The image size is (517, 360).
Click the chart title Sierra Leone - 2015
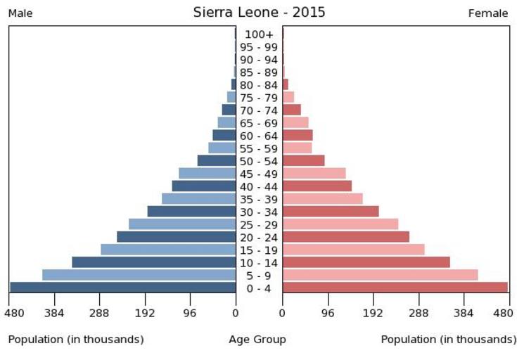[x=259, y=13]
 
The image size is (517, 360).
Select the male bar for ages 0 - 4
[x=122, y=287]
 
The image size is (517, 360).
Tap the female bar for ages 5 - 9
[x=380, y=274]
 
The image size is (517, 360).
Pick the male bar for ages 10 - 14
[x=153, y=262]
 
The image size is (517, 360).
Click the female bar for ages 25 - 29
[x=340, y=224]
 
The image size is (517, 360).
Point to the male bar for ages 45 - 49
[x=207, y=173]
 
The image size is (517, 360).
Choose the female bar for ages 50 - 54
[x=303, y=160]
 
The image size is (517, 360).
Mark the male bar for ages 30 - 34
[x=191, y=211]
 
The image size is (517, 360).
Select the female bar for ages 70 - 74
[x=291, y=110]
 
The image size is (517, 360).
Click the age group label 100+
[x=259, y=34]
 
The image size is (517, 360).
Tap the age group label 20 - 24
[x=259, y=238]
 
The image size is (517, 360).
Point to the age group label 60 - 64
[x=259, y=136]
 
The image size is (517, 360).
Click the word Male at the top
[x=20, y=13]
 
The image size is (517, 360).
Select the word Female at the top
[x=487, y=13]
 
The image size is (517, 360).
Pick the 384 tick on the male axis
[x=54, y=312]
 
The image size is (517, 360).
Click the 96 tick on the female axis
[x=328, y=312]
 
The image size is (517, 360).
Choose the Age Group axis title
[x=257, y=340]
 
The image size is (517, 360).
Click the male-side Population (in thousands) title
[x=76, y=340]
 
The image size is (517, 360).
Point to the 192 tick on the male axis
[x=145, y=312]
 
